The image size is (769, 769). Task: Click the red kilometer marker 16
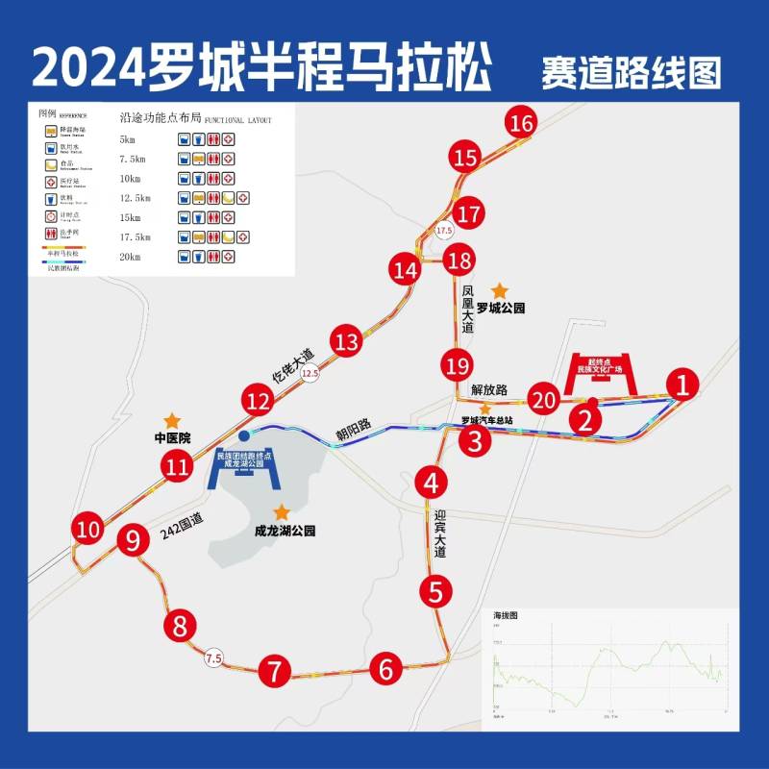pos(522,124)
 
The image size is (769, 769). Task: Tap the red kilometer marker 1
pos(682,384)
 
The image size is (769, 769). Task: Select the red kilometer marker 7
pos(275,670)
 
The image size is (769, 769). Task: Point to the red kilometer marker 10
pos(88,529)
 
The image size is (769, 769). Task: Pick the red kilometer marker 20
pos(545,399)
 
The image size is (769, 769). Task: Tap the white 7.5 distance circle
pos(213,658)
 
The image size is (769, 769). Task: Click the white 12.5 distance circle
pos(309,372)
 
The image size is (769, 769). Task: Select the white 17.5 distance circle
pos(444,232)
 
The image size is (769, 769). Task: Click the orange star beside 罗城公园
pos(499,289)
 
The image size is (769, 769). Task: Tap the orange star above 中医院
pos(171,420)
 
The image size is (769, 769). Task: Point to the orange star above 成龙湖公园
pos(282,512)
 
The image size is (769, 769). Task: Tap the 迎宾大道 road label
pos(440,534)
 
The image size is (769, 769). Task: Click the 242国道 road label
pos(183,525)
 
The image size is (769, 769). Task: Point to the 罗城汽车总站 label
pos(494,420)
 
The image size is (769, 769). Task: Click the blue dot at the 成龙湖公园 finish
pos(243,435)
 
